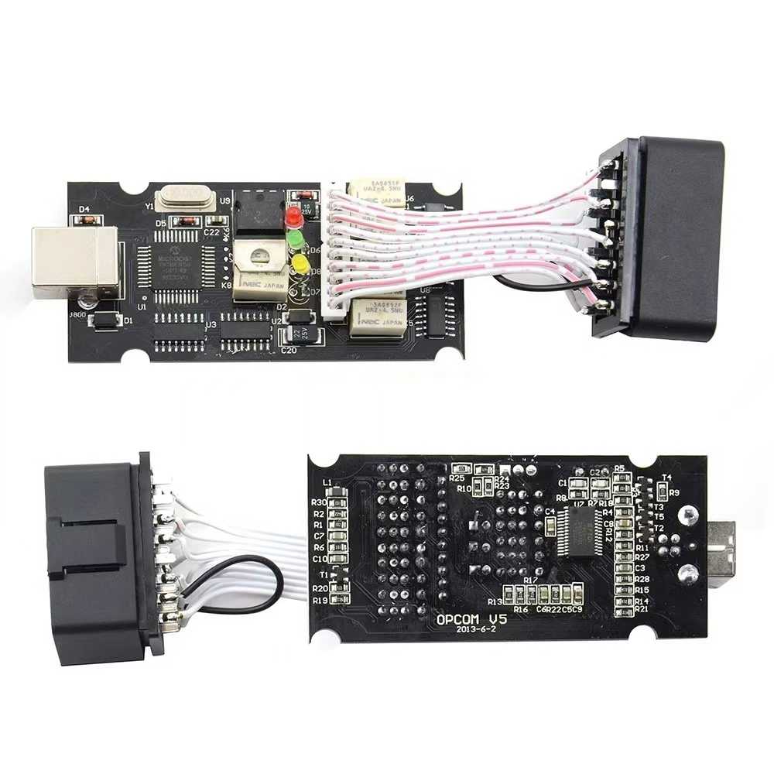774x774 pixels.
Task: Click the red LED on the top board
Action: [x=294, y=217]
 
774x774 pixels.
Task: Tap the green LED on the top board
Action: [x=296, y=241]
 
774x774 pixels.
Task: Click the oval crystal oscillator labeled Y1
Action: [x=184, y=198]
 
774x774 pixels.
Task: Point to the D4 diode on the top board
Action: [x=86, y=220]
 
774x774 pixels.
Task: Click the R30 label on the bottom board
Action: [x=318, y=503]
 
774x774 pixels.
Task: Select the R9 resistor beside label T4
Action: [x=662, y=491]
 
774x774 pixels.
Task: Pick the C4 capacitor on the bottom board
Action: [x=549, y=527]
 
